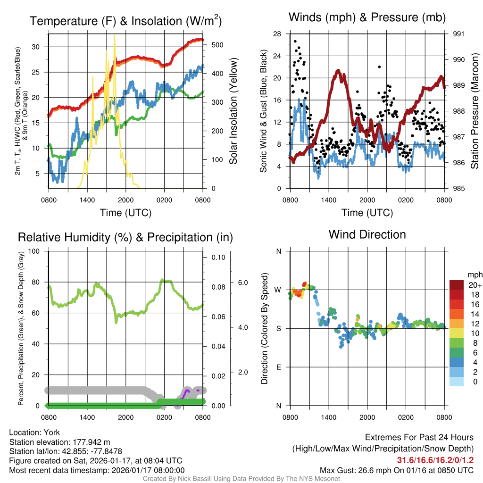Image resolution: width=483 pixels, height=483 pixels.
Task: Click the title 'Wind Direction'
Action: point(367,234)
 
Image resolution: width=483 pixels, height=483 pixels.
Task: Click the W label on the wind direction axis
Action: point(278,290)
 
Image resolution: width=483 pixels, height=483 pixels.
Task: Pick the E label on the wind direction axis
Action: point(278,367)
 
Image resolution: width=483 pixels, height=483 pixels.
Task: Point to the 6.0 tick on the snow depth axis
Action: point(242,283)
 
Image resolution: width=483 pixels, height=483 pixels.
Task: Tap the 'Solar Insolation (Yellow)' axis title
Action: point(233,111)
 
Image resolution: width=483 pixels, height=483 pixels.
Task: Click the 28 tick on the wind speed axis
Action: point(277,34)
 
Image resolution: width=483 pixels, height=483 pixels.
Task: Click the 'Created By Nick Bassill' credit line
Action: point(241,479)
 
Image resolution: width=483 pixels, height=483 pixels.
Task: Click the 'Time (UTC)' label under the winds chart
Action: point(367,213)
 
